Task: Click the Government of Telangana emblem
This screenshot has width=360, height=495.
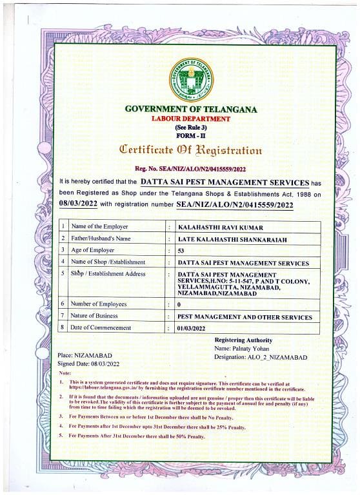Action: (191, 79)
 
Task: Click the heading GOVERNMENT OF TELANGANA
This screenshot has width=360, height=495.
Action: (191, 110)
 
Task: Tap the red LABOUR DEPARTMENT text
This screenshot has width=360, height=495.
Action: (190, 119)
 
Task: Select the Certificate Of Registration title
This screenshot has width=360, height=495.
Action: (191, 150)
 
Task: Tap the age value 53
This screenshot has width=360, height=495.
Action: (181, 250)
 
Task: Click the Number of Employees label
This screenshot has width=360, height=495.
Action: (99, 304)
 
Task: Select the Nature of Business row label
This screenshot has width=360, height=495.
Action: (94, 316)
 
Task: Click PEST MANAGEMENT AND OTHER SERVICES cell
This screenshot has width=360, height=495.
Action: (245, 316)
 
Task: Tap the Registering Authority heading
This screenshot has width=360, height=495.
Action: (243, 340)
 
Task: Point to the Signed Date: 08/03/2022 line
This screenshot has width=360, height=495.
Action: (88, 364)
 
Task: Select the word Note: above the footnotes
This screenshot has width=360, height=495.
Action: (65, 373)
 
